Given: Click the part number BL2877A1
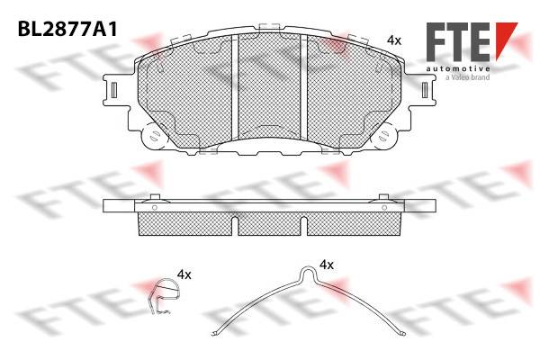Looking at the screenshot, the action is tap(67, 29).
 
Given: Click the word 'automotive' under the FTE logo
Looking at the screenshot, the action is tap(458, 68).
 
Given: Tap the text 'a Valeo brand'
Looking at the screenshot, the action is tap(467, 77).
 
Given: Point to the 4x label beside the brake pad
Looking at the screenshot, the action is tap(394, 40).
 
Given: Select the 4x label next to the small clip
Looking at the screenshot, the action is tap(184, 274).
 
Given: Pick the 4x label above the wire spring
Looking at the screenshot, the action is tap(327, 265).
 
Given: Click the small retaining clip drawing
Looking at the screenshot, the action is tap(163, 296).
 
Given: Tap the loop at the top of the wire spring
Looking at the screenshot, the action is tap(309, 274).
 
